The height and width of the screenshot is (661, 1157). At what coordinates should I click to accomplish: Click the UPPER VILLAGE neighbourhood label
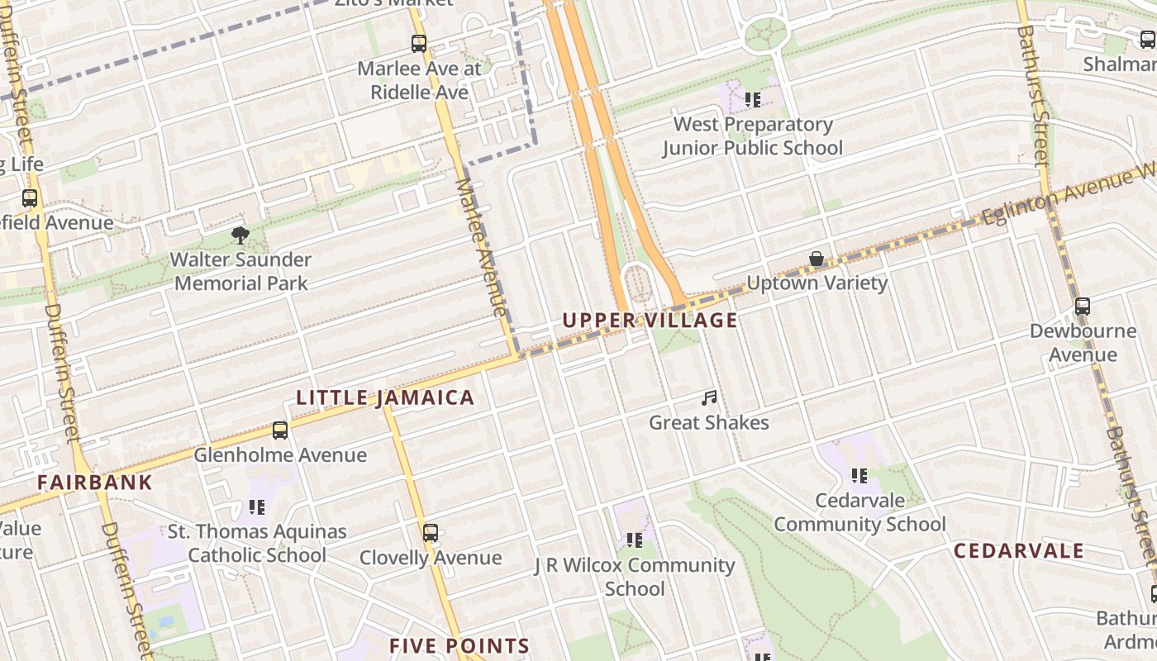click(650, 321)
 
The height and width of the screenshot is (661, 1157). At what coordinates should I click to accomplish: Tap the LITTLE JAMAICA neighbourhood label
click(385, 398)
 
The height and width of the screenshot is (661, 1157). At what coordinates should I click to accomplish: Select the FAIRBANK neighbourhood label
click(95, 483)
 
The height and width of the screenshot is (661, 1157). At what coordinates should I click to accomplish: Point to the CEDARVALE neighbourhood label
click(1018, 551)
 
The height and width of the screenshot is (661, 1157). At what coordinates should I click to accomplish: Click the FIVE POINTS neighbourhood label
click(459, 646)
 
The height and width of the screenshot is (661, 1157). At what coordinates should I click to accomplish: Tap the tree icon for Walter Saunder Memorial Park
click(240, 235)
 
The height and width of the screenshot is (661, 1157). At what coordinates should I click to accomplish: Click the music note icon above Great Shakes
click(708, 399)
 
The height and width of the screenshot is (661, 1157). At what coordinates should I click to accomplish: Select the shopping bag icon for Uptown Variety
click(817, 259)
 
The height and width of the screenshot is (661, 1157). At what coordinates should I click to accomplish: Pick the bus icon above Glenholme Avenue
click(280, 430)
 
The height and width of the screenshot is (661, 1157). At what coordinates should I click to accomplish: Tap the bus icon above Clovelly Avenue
click(430, 533)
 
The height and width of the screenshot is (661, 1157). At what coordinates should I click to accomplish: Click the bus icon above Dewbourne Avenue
click(1083, 307)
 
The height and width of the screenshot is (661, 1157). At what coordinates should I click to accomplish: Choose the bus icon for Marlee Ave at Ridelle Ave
click(419, 44)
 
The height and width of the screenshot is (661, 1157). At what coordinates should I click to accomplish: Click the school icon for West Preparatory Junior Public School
click(752, 100)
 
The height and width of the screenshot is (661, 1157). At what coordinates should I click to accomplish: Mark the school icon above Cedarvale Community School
click(859, 476)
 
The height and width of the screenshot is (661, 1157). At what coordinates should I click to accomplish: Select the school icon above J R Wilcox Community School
click(634, 540)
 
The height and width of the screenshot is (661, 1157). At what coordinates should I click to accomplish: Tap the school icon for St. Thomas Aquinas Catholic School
click(257, 507)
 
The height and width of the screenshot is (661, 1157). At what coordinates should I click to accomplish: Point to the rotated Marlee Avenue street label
click(480, 247)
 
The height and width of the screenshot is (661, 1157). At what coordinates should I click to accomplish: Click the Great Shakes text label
click(708, 423)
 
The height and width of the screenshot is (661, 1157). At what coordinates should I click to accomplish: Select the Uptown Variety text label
click(817, 283)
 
